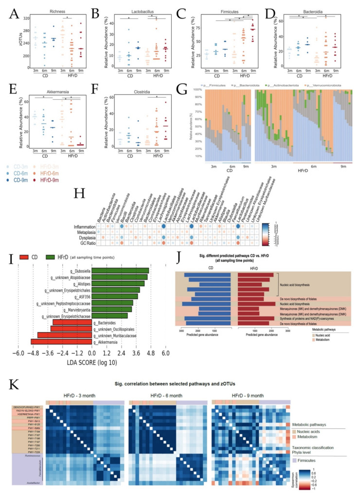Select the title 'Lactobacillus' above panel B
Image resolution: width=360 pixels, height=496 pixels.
(x=135, y=10)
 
